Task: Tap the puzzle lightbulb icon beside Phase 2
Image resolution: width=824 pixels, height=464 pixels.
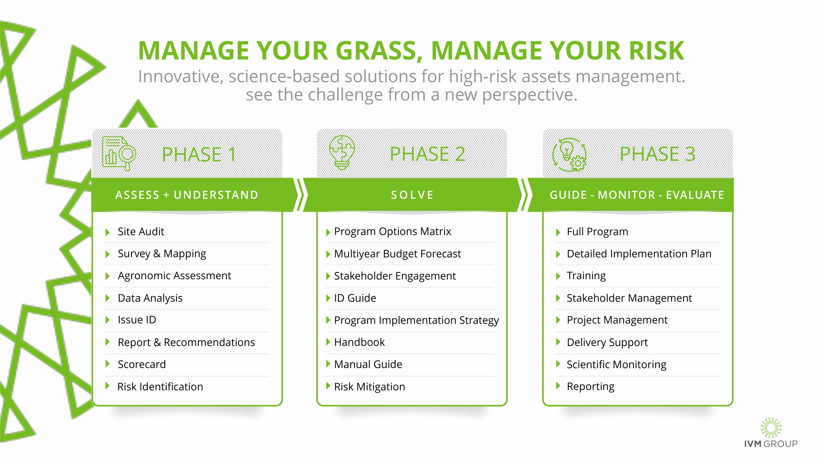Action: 342,152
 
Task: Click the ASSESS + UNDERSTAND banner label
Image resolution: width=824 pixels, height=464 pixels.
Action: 187,195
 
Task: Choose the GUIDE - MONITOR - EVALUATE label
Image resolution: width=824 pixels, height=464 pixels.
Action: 637,195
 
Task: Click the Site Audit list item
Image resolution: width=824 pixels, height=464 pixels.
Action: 141,231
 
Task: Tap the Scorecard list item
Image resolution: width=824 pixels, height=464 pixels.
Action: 142,364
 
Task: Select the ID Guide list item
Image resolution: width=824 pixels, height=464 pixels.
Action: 355,298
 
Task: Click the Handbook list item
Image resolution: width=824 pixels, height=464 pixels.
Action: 360,342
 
